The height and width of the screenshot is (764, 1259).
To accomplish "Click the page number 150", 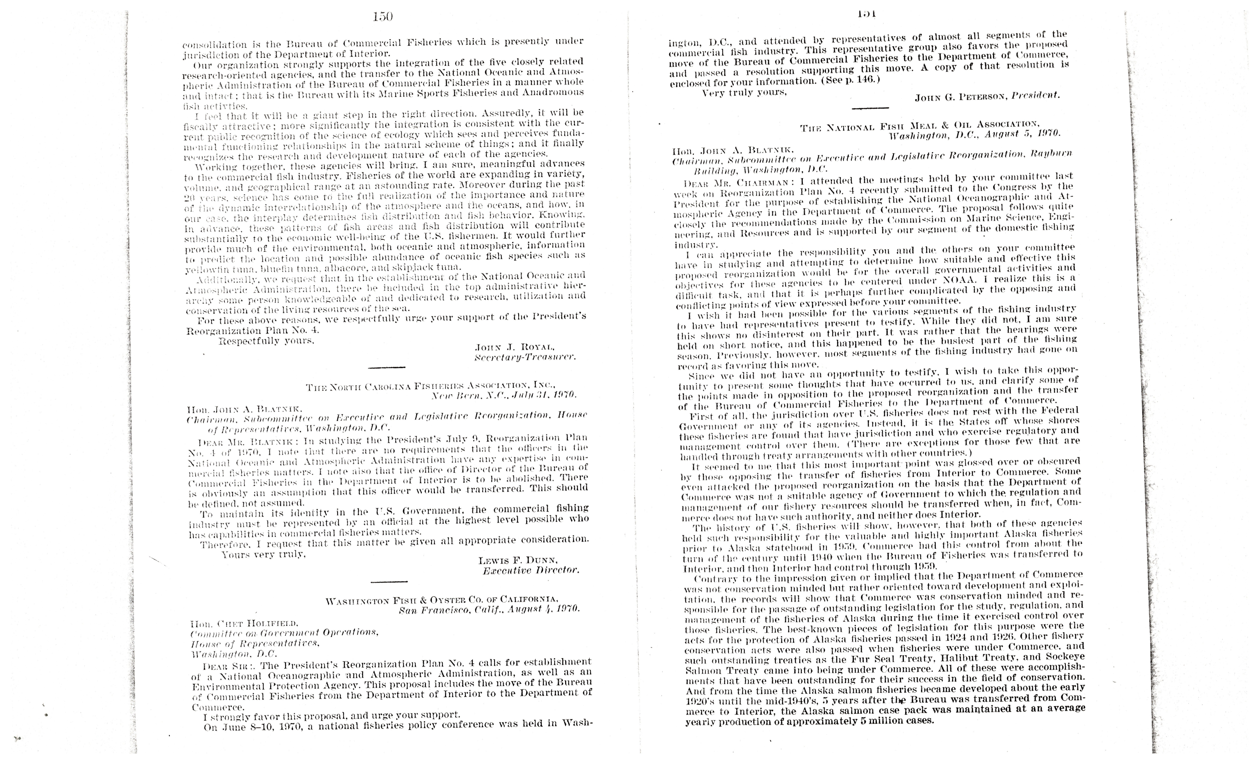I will click(383, 17).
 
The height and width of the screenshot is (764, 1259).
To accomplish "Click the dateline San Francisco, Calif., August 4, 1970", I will click(489, 609).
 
